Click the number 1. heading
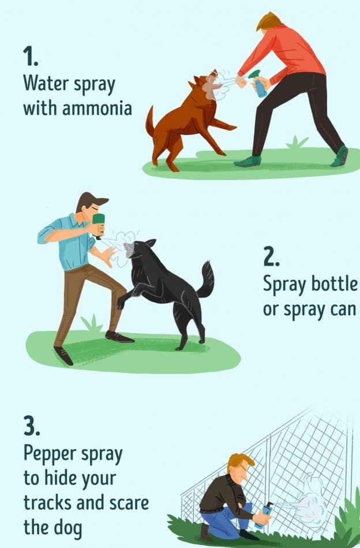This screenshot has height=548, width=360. click(x=31, y=57)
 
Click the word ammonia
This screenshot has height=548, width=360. click(x=97, y=108)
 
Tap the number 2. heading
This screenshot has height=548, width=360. click(x=271, y=257)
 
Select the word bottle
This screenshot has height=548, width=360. click(x=335, y=284)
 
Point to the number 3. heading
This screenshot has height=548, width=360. click(x=32, y=426)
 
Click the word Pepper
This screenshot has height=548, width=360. click(x=50, y=454)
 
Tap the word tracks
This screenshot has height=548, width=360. click(x=47, y=502)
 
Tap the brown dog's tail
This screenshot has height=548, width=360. click(x=150, y=121)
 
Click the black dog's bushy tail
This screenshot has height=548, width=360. click(x=205, y=280)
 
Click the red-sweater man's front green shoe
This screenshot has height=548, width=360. click(x=248, y=162)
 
